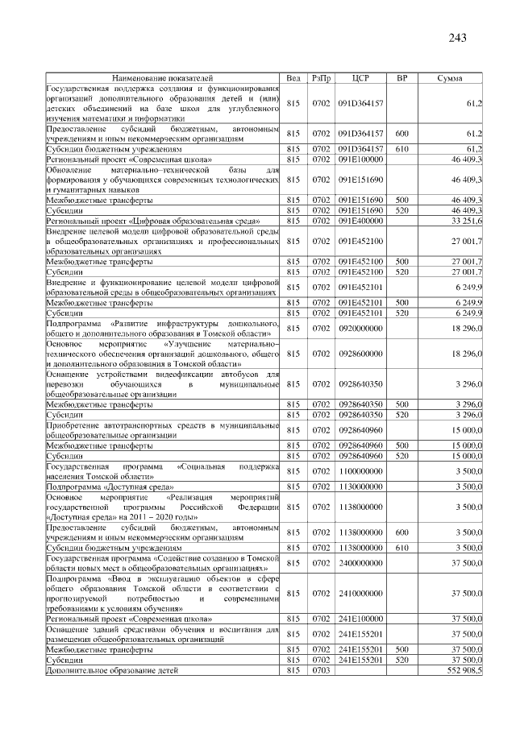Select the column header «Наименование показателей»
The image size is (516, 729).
(x=162, y=77)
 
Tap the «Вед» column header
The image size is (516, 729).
(x=293, y=77)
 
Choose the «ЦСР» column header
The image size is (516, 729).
(x=360, y=77)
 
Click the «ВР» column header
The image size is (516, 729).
(x=402, y=77)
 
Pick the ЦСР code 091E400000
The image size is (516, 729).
(x=360, y=220)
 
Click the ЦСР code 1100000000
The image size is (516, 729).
(x=360, y=470)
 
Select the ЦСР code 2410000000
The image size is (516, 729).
(x=360, y=592)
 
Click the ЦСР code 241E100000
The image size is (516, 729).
(x=360, y=619)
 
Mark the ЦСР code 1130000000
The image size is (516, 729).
(x=360, y=487)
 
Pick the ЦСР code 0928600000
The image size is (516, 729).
(x=360, y=353)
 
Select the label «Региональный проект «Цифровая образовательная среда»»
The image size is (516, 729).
(x=152, y=220)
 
